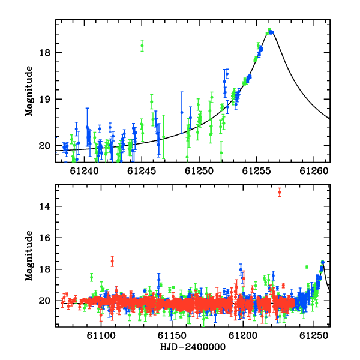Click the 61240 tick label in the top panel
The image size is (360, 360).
click(x=84, y=171)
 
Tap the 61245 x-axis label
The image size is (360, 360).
click(x=142, y=171)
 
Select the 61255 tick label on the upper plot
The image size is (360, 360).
click(x=257, y=171)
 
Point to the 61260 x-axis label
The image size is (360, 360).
click(x=314, y=171)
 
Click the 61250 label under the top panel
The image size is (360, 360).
click(x=199, y=171)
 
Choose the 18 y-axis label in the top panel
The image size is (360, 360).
click(x=44, y=53)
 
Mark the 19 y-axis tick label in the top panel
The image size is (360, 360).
click(x=44, y=100)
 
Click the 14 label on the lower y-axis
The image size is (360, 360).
click(x=44, y=206)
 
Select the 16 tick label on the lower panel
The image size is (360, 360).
click(x=44, y=238)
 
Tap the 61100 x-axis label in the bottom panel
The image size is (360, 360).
click(x=101, y=336)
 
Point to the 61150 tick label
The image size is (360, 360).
click(x=172, y=336)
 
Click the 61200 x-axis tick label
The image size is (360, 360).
click(x=243, y=336)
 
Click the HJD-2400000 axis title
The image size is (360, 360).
click(x=193, y=347)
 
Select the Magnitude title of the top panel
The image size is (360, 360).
click(x=29, y=91)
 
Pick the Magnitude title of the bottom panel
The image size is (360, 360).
click(x=29, y=256)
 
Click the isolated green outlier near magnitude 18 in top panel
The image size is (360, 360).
click(x=142, y=46)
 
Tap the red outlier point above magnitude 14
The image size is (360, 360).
click(x=280, y=192)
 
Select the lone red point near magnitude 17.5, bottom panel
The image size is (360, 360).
click(x=112, y=261)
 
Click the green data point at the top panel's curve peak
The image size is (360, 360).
click(x=269, y=29)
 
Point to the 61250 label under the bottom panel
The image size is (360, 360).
click(x=314, y=336)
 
